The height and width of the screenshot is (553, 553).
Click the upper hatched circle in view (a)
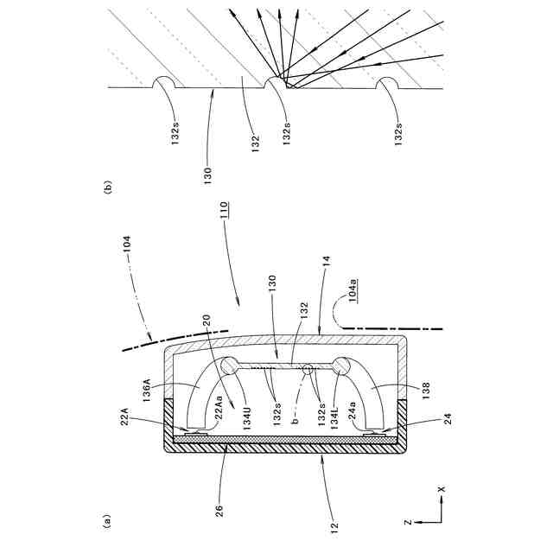pyautogui.click(x=232, y=365)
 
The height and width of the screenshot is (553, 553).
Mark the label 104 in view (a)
pyautogui.click(x=124, y=245)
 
